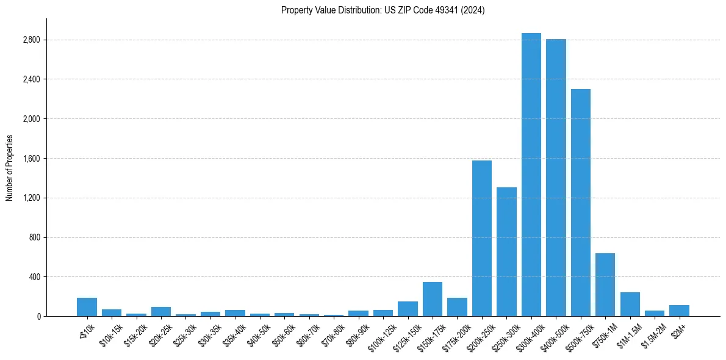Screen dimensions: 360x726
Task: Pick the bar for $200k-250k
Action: click(481, 238)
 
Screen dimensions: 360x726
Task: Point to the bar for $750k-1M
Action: click(605, 284)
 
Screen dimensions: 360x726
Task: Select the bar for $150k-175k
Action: click(432, 299)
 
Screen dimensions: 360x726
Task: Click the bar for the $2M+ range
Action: click(679, 311)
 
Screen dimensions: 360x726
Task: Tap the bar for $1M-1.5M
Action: click(630, 304)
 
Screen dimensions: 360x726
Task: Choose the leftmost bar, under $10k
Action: click(87, 307)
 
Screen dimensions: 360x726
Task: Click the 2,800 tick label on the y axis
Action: click(31, 40)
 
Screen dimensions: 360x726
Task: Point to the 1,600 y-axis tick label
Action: click(31, 159)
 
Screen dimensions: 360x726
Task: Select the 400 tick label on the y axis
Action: click(34, 277)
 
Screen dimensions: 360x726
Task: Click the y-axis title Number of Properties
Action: click(10, 167)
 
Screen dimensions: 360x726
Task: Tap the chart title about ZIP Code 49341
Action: click(383, 10)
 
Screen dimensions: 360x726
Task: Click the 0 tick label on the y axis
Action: click(38, 317)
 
